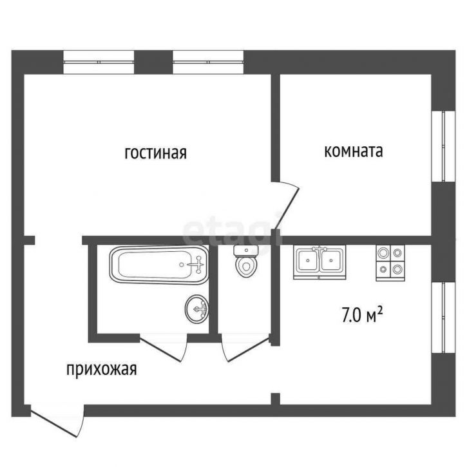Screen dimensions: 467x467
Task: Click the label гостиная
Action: tap(155, 153)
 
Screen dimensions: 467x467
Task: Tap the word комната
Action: tap(353, 151)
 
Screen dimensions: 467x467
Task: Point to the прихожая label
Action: tap(102, 370)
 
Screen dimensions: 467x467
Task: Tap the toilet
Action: tap(245, 262)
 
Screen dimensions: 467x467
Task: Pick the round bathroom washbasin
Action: tap(196, 309)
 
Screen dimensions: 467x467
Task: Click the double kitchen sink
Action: tap(319, 261)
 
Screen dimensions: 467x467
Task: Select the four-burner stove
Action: tap(390, 261)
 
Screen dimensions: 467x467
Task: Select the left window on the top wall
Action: tap(99, 61)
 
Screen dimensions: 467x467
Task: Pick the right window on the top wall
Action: tap(207, 61)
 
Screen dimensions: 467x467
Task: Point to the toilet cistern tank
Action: tap(245, 250)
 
